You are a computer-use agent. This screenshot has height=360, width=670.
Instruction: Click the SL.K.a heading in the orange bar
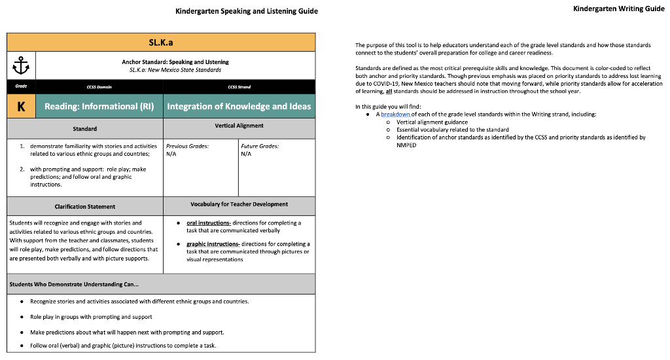(x=161, y=42)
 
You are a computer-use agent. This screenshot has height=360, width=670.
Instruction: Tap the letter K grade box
(x=21, y=107)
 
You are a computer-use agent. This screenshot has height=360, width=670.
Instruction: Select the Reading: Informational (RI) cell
(x=99, y=107)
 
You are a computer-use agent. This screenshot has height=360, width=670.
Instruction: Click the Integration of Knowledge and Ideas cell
(x=239, y=107)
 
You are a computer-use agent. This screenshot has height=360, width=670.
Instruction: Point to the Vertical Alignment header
(x=239, y=126)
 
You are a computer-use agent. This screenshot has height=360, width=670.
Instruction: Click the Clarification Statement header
(x=85, y=206)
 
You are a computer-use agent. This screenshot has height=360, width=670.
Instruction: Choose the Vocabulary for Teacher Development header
(x=239, y=204)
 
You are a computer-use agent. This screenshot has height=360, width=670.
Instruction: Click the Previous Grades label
(x=187, y=146)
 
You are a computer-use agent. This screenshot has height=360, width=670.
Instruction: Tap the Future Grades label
(x=260, y=146)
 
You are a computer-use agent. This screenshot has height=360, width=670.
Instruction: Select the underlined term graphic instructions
(x=212, y=244)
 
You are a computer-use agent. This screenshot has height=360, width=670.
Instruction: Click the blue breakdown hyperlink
(x=396, y=114)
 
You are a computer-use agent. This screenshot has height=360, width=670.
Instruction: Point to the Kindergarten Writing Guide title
(x=618, y=9)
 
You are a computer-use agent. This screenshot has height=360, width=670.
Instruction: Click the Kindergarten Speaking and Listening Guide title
(x=247, y=11)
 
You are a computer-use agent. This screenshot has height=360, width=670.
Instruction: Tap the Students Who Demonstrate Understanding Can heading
(x=73, y=285)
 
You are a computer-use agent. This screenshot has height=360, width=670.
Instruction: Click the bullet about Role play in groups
(x=91, y=317)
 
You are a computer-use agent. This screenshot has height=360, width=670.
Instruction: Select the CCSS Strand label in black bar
(x=239, y=86)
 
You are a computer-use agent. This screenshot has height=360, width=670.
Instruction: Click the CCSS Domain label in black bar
(x=99, y=86)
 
